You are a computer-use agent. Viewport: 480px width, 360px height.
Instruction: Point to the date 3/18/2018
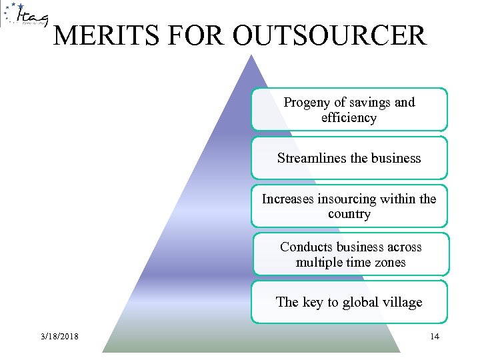[59, 337]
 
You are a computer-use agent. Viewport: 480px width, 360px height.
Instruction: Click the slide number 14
[434, 336]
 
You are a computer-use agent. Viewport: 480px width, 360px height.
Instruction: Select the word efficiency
[349, 118]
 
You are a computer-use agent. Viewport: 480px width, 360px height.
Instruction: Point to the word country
[349, 214]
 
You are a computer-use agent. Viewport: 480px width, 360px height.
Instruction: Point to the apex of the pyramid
[251, 56]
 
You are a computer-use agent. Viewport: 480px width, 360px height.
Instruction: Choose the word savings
[371, 103]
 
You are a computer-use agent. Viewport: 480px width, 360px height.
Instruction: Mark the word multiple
[321, 262]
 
